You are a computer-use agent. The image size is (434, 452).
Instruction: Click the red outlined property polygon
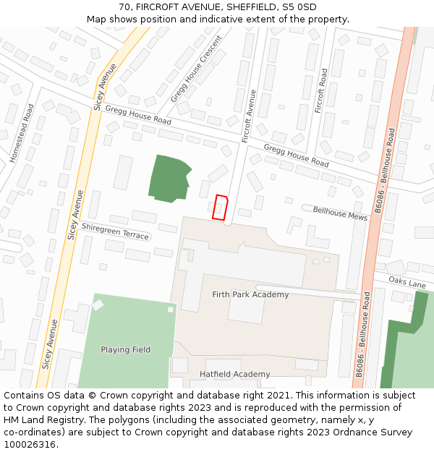(x=220, y=207)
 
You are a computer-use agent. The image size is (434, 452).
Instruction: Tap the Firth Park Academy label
(x=250, y=294)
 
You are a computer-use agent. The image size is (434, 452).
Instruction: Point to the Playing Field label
(x=126, y=350)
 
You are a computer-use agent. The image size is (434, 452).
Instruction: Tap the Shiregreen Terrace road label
(x=115, y=231)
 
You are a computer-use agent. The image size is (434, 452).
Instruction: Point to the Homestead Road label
(x=22, y=132)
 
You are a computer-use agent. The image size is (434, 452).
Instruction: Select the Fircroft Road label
(x=322, y=90)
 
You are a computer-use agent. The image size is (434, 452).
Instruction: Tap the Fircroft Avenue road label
(x=250, y=116)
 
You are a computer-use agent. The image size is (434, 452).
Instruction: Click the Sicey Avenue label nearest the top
(x=105, y=87)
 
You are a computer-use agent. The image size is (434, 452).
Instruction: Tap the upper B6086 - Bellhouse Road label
(x=383, y=171)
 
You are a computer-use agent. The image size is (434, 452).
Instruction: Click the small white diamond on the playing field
(x=98, y=304)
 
